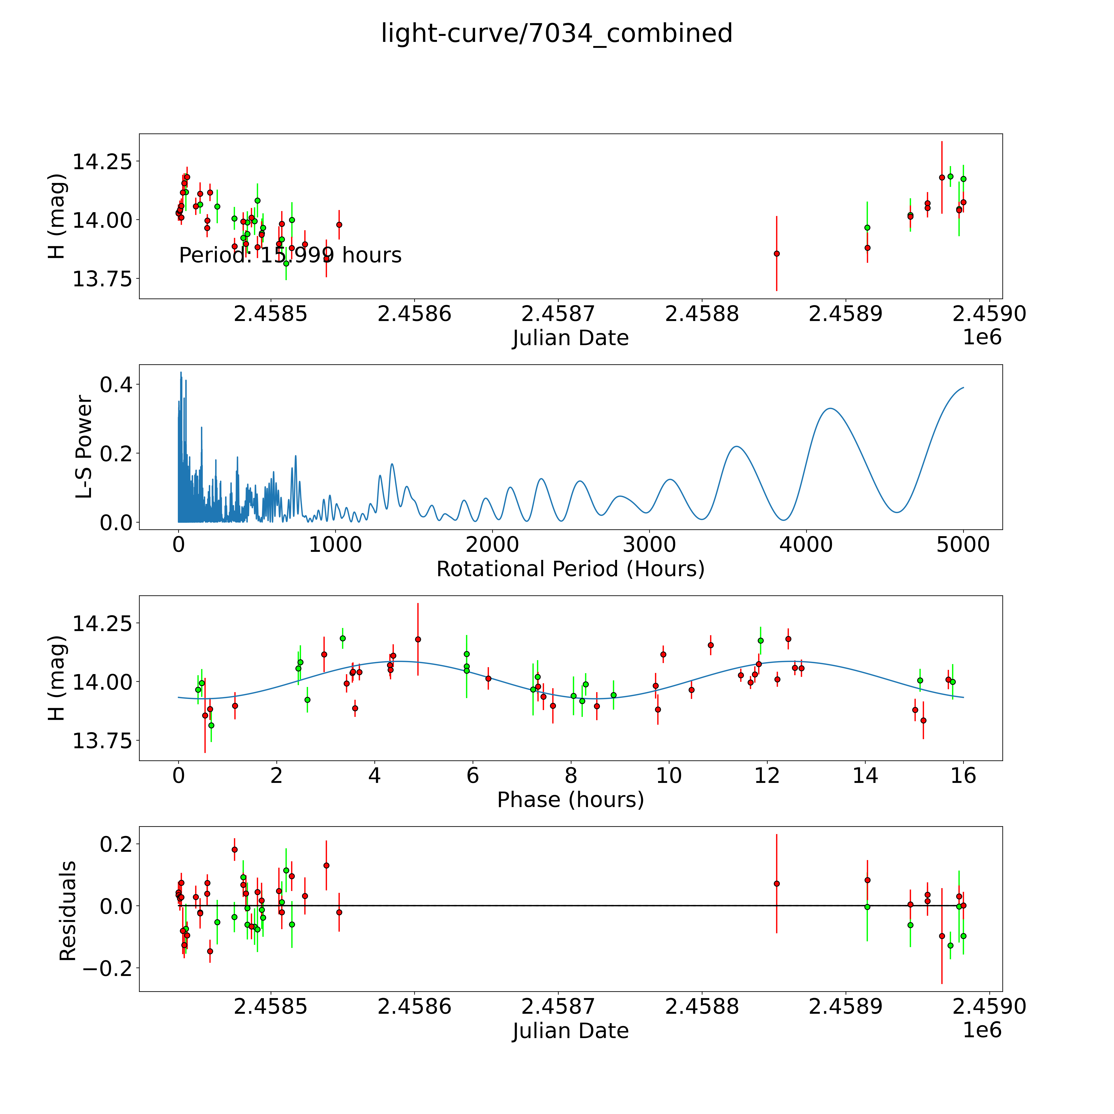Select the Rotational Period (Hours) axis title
pos(570,569)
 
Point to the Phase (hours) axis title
pos(570,800)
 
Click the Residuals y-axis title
pos(68,911)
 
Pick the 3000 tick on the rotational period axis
pos(649,544)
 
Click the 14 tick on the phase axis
pos(865,775)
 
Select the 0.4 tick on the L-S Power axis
pos(116,385)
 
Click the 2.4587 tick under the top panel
pos(558,314)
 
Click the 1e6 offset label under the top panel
pos(983,337)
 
